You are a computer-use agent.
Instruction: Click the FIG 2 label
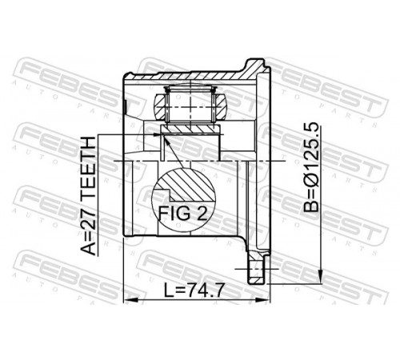(x=182, y=214)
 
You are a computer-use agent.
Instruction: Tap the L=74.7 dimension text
(x=193, y=290)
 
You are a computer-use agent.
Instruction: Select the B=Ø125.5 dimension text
(x=311, y=167)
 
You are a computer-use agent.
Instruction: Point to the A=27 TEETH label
(x=88, y=196)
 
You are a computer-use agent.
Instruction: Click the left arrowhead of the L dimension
(x=130, y=300)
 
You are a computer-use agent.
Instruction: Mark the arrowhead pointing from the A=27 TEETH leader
(x=158, y=134)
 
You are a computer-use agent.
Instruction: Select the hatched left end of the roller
(x=160, y=107)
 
